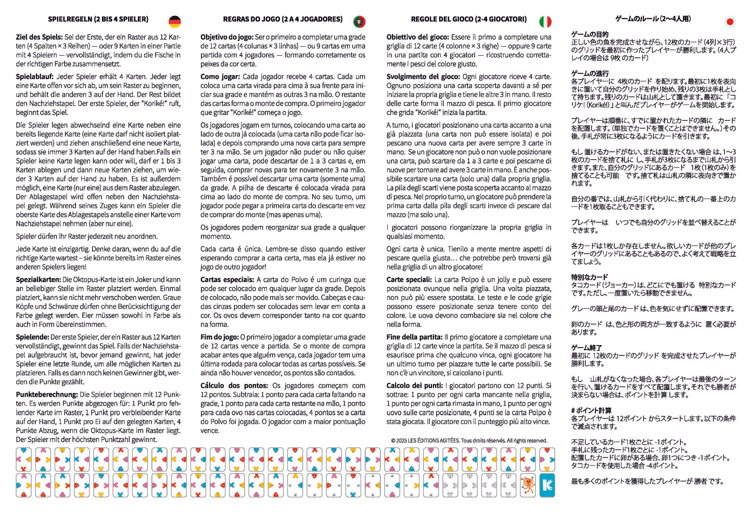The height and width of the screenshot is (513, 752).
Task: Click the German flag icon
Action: click(175, 21)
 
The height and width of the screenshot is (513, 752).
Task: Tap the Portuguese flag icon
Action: click(359, 21)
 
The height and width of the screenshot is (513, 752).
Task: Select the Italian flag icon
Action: click(545, 21)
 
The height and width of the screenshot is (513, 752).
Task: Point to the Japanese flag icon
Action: click(730, 22)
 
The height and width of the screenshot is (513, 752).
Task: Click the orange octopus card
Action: click(528, 485)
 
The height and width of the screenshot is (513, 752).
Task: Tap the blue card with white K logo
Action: click(547, 485)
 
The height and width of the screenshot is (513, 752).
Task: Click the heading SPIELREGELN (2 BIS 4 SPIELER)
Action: click(98, 19)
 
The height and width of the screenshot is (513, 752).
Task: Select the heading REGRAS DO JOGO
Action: click(283, 19)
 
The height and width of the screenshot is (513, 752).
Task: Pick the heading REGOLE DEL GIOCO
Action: click(468, 19)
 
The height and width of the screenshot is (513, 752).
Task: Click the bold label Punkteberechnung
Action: click(47, 394)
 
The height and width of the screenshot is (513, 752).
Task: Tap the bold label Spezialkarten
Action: click(38, 280)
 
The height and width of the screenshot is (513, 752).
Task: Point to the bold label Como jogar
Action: click(220, 76)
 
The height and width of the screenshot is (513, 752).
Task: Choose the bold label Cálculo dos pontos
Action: click(234, 386)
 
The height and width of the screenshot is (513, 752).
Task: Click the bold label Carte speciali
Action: click(409, 280)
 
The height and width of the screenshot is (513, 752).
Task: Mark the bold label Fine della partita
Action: click(414, 337)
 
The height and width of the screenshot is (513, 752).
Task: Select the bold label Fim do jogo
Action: click(220, 337)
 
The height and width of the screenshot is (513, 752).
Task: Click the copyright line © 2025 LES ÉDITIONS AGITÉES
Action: click(469, 441)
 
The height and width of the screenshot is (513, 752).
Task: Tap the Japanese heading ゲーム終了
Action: click(587, 348)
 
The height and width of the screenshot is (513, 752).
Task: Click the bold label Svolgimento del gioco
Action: click(423, 76)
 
